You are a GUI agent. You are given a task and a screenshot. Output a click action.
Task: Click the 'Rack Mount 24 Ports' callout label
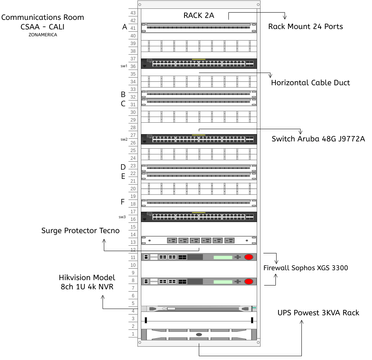[317, 25]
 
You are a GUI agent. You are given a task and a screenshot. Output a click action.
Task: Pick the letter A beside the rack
[124, 27]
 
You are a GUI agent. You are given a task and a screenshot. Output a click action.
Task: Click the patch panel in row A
[199, 27]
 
